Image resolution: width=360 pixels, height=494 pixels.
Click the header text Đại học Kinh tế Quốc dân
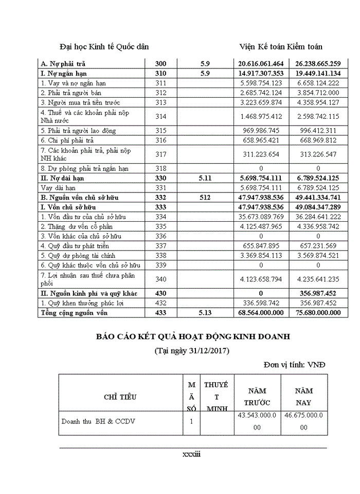click(104, 46)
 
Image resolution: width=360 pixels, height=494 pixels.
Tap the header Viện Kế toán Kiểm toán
click(281, 46)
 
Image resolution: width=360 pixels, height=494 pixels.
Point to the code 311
click(161, 83)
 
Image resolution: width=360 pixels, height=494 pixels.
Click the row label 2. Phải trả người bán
click(71, 93)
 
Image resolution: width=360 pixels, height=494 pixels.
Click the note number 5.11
click(205, 178)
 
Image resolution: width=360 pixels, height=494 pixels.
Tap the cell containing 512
click(205, 197)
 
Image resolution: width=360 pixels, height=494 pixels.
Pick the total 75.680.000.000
click(318, 312)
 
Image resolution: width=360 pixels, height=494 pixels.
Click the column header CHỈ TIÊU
click(120, 397)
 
